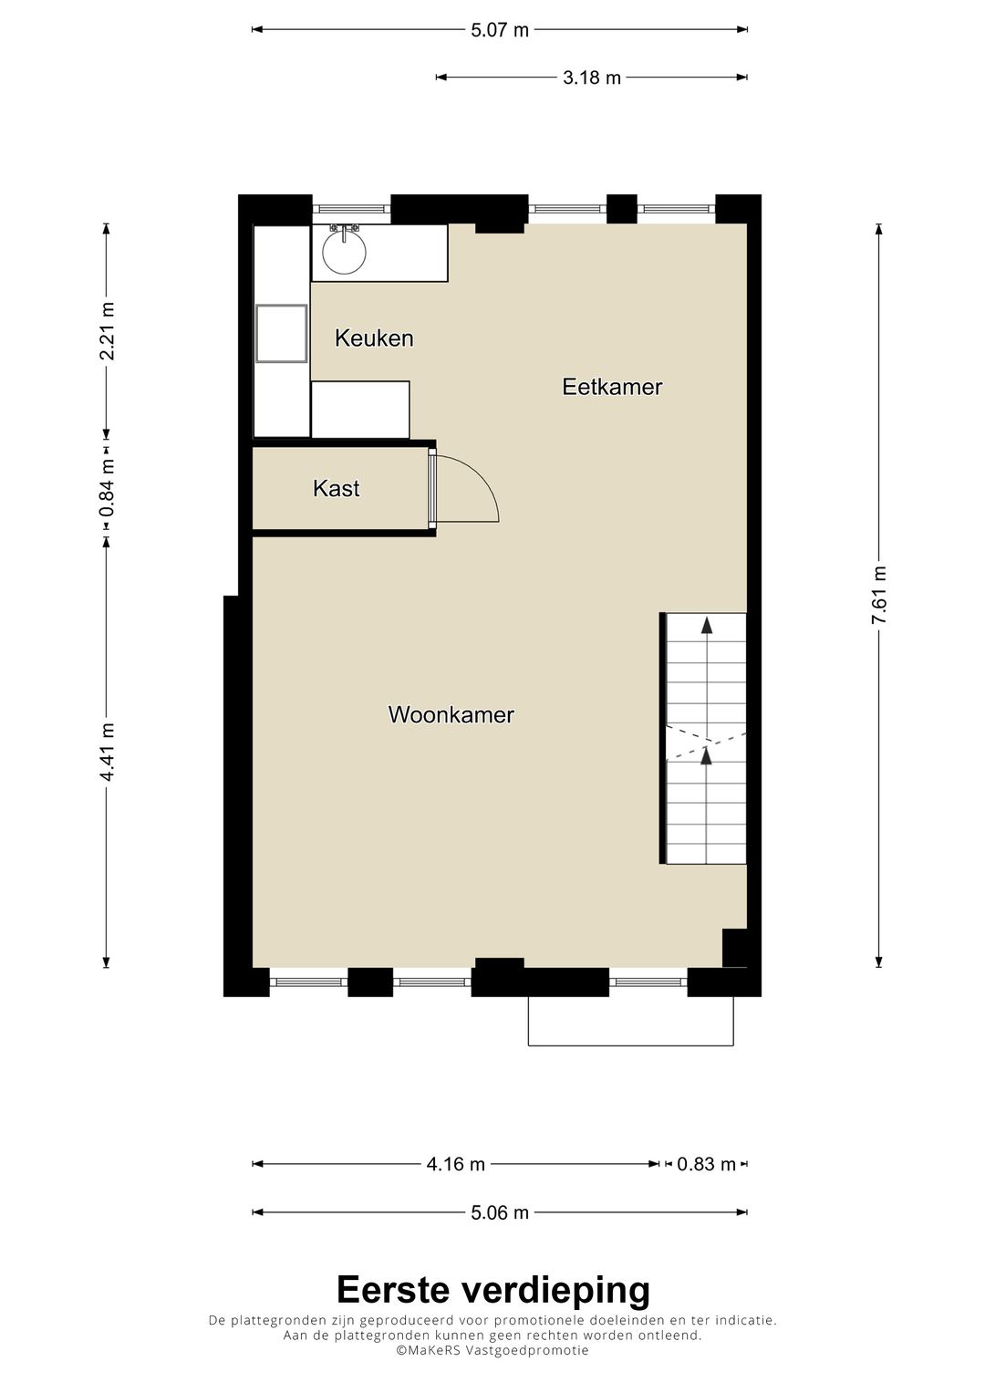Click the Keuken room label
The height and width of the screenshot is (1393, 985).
tap(374, 338)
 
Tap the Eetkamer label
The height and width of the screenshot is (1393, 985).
tap(612, 387)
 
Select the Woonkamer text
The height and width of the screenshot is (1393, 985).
tap(451, 714)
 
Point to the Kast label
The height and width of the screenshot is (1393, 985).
tap(336, 488)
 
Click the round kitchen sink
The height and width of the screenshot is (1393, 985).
tap(344, 252)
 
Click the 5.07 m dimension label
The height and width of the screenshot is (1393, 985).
tap(500, 30)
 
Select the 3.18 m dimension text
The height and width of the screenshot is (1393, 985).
tap(592, 78)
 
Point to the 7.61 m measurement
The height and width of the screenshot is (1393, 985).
tap(878, 595)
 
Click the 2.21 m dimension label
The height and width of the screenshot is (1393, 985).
tap(107, 331)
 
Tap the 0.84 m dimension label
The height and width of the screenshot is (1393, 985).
tap(107, 488)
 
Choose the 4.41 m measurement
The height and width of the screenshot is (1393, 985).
tap(107, 753)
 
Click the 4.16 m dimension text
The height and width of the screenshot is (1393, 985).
tap(456, 1164)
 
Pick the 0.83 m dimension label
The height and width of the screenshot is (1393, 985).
tap(706, 1164)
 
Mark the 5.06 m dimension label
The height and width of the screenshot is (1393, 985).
tap(500, 1212)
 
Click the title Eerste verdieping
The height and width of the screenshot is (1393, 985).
tap(493, 1291)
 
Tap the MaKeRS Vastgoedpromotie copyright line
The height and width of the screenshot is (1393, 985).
tap(493, 1350)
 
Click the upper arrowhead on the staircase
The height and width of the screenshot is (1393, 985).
tap(707, 625)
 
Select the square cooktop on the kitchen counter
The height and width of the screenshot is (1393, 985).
tap(281, 333)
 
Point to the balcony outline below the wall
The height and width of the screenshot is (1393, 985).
tap(630, 1045)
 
